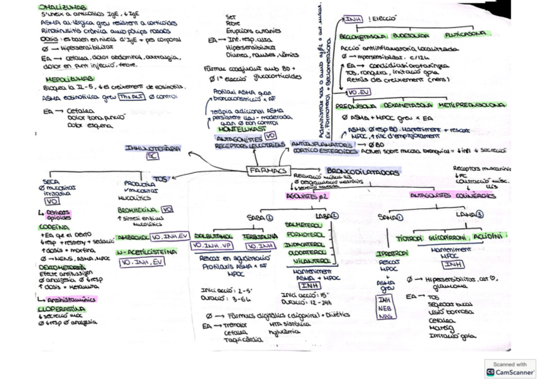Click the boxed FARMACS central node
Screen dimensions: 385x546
(x=266, y=171)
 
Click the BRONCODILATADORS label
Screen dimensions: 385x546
(x=359, y=173)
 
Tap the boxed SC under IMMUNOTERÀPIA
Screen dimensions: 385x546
(x=153, y=156)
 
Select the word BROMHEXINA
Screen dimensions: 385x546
(x=138, y=210)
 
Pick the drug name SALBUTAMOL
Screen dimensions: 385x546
(x=213, y=237)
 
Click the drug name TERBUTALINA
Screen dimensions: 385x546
(x=259, y=237)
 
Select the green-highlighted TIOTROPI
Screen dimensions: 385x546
(x=409, y=237)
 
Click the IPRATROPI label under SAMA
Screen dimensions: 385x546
(x=391, y=254)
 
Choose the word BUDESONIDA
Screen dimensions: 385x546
(x=411, y=36)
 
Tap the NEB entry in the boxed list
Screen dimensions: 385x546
(x=384, y=308)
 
